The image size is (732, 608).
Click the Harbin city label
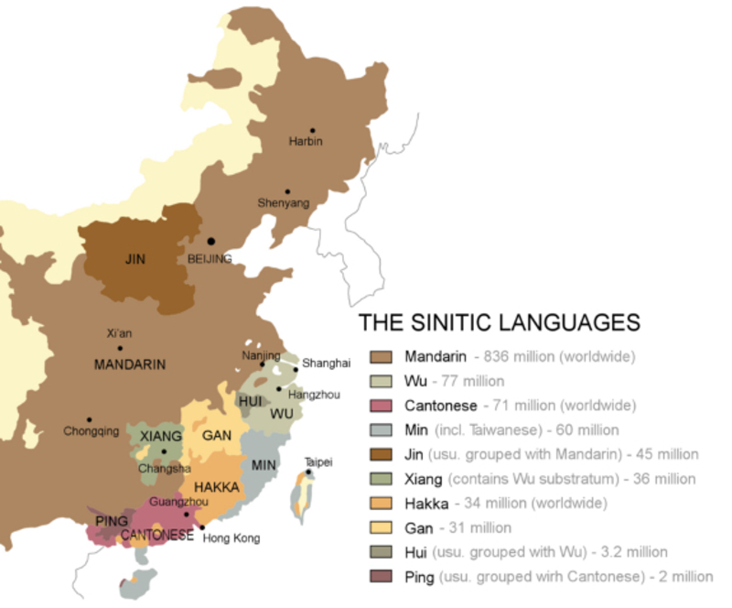[x=306, y=142]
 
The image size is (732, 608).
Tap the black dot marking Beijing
[x=211, y=241]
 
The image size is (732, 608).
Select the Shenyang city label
[x=284, y=203]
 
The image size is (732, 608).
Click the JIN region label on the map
[x=135, y=259]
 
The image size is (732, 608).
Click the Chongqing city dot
[x=89, y=419]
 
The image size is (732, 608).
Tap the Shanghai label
[x=326, y=364]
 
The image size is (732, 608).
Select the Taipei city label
[x=318, y=461]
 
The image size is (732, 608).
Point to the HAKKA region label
[x=216, y=488]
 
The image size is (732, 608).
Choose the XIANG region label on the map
[x=161, y=436]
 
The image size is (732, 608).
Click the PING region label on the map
[x=112, y=521]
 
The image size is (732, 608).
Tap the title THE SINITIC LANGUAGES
[x=498, y=322]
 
